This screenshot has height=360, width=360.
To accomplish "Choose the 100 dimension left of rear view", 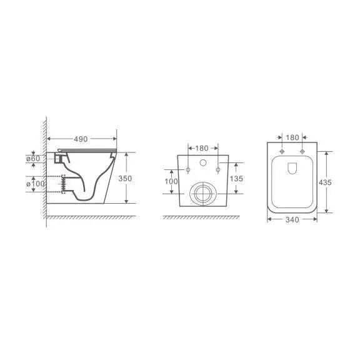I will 171,181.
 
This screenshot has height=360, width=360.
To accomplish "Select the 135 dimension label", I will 237,178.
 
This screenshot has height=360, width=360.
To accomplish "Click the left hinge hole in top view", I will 282,152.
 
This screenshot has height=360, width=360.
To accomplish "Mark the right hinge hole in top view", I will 302,152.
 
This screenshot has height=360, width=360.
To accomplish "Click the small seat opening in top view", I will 292,167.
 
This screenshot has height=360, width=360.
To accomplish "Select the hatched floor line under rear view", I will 201,217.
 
